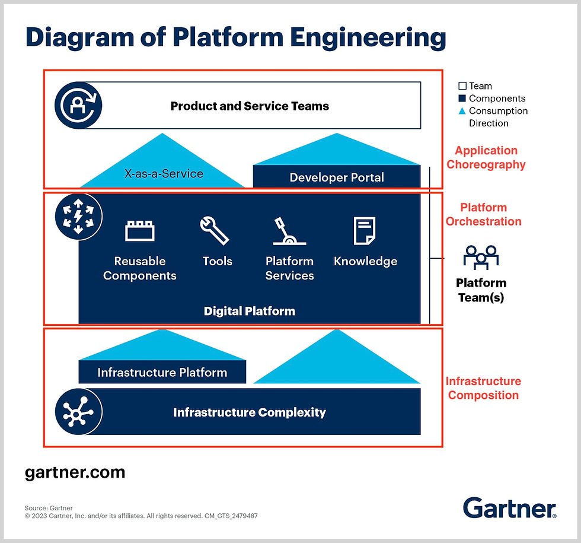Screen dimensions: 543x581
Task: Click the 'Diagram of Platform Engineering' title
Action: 235,38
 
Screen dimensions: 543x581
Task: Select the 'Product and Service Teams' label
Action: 250,106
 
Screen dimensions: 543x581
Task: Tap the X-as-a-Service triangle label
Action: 164,174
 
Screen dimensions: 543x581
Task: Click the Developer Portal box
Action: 337,177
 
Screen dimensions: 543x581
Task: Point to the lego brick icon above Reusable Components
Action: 140,231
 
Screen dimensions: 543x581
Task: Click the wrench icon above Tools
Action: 215,230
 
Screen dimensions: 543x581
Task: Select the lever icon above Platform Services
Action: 289,231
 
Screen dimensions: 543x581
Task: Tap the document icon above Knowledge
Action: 365,230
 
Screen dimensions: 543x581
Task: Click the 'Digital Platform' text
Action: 249,311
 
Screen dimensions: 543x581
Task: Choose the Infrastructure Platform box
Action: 162,373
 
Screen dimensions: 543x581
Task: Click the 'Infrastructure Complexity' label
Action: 249,412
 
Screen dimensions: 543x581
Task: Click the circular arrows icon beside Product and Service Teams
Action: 78,106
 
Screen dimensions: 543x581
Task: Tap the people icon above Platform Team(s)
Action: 481,258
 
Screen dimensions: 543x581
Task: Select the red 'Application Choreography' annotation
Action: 486,157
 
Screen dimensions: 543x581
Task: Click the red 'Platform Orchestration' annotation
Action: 484,214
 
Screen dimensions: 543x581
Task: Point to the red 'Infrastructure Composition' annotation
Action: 483,388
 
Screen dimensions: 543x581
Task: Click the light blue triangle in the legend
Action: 462,111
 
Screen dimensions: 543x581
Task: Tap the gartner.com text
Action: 75,472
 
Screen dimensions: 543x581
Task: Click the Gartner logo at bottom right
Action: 509,508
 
